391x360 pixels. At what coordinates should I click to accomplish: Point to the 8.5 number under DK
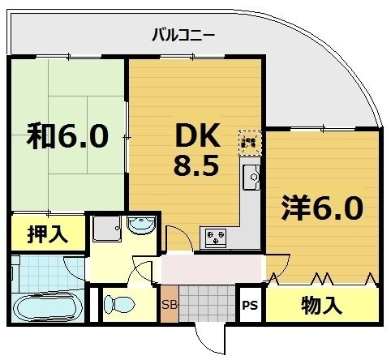tap(195, 168)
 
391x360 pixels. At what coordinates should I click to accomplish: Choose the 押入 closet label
tap(48, 235)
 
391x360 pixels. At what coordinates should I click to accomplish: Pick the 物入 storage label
tap(322, 306)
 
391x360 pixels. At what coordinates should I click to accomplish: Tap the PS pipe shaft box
tap(251, 306)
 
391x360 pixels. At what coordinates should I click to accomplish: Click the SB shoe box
tap(170, 305)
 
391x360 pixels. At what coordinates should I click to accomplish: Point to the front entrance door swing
tap(213, 339)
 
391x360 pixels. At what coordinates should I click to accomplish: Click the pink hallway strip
tap(213, 267)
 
